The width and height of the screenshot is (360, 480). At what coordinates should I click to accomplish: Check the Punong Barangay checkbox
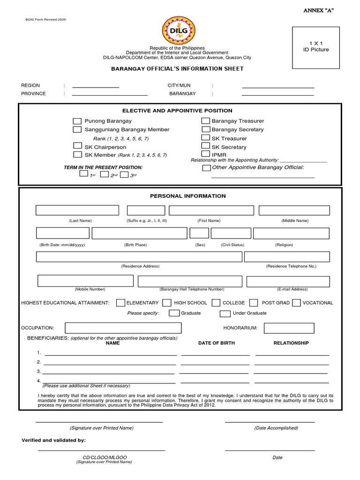click(x=77, y=121)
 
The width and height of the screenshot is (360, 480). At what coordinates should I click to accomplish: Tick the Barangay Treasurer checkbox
click(x=206, y=121)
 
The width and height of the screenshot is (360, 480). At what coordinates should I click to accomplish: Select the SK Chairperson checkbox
click(x=77, y=146)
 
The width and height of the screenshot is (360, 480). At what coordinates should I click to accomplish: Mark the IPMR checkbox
click(x=205, y=154)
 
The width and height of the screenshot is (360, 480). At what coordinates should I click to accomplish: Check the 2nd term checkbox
click(x=104, y=174)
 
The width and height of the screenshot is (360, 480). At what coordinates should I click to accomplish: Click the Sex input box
click(x=199, y=233)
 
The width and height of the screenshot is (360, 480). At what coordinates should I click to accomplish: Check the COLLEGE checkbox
click(x=216, y=303)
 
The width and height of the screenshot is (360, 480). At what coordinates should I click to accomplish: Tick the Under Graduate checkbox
click(x=225, y=313)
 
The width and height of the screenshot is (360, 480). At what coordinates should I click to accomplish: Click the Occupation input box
click(x=123, y=328)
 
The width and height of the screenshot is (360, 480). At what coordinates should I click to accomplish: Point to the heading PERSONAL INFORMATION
click(x=187, y=196)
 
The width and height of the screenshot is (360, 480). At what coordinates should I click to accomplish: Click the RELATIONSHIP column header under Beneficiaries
click(x=291, y=343)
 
